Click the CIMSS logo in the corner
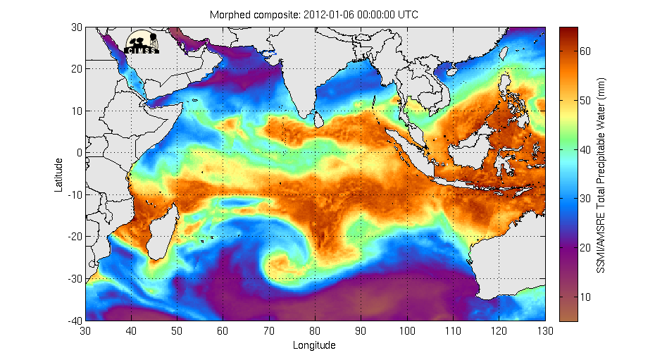coord(143,42)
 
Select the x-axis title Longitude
coord(314,345)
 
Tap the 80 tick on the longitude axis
coord(315,330)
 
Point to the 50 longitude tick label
coord(177,330)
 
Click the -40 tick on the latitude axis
coord(75,321)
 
